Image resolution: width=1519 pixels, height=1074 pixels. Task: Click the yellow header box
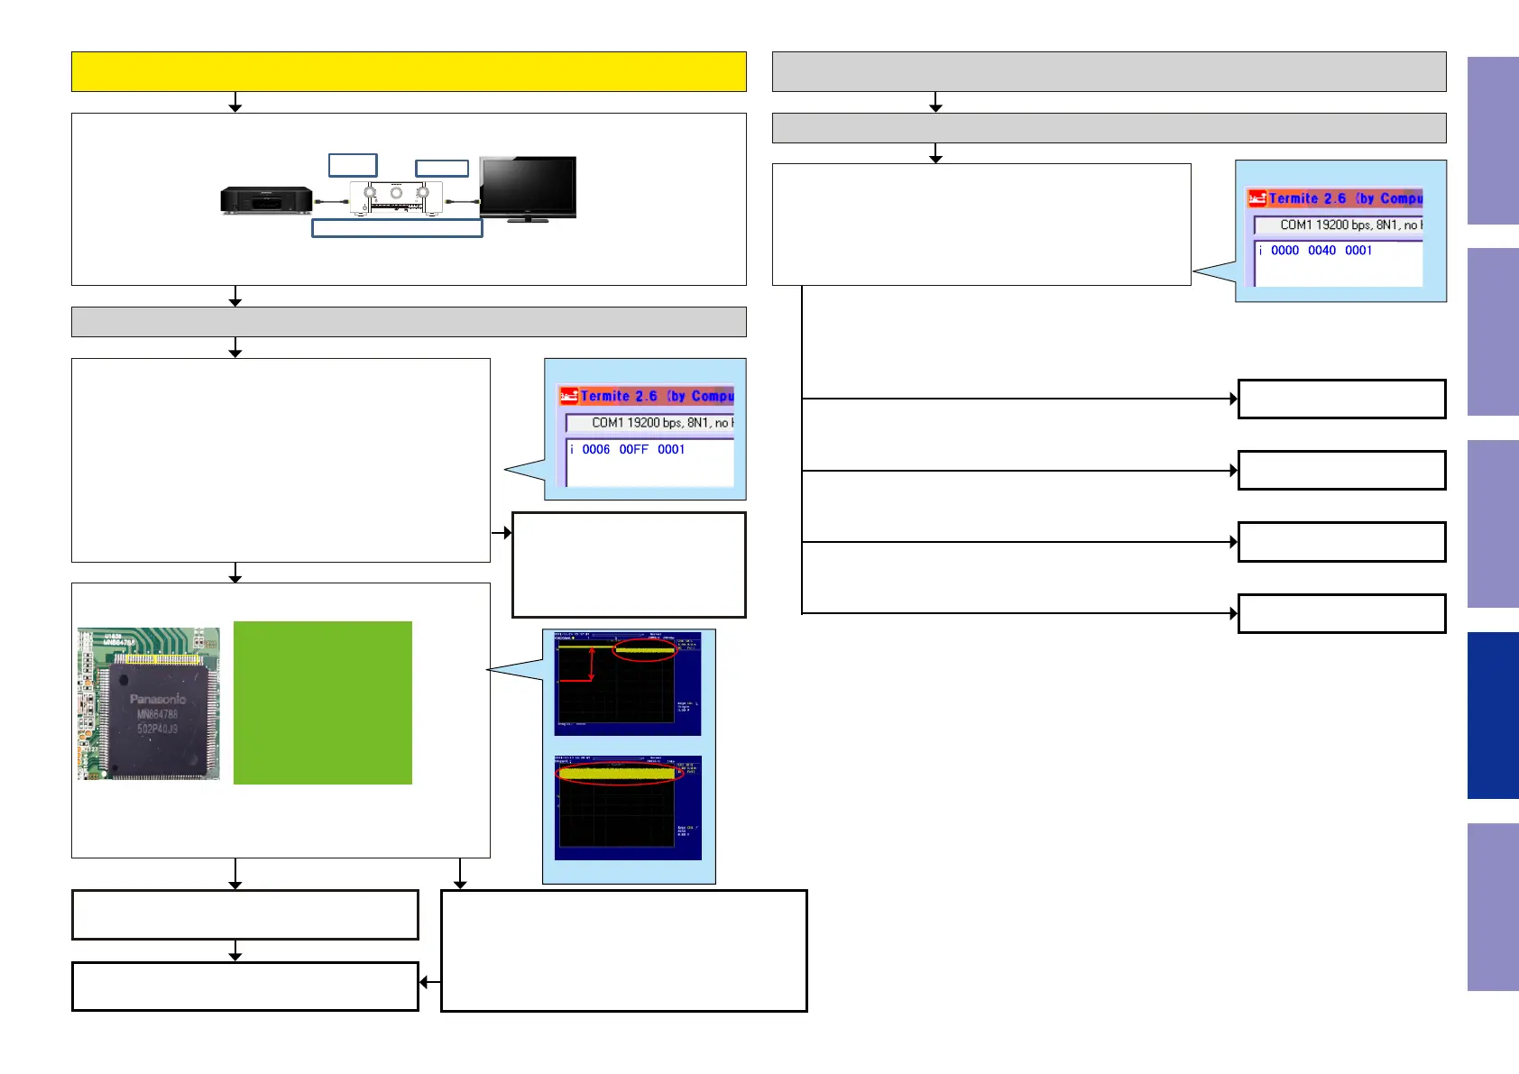coord(409,71)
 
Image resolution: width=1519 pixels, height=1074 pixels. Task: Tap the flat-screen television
coord(528,188)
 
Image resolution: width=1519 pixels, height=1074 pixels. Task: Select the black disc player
coord(266,199)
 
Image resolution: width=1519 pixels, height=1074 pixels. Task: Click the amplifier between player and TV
coord(396,197)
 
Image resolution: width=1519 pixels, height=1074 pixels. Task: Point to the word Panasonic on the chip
coord(157,699)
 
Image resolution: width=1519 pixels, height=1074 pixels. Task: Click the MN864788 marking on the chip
coord(157,714)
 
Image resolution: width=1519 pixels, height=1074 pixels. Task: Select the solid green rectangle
coord(322,702)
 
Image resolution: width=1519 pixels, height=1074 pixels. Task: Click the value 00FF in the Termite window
coord(633,449)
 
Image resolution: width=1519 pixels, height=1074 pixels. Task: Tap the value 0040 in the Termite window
coord(1321,251)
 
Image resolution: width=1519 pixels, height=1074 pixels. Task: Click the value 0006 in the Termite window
coord(595,449)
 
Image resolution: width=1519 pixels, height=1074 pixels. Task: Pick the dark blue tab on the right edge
coord(1492,715)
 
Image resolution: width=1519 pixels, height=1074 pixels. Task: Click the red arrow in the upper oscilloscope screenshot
coord(591,665)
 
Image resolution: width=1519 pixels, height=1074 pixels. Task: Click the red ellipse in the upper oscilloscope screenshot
coord(644,649)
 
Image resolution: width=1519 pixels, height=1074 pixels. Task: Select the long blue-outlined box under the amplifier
coord(397,227)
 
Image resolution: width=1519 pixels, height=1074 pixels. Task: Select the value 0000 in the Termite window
coord(1284,251)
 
